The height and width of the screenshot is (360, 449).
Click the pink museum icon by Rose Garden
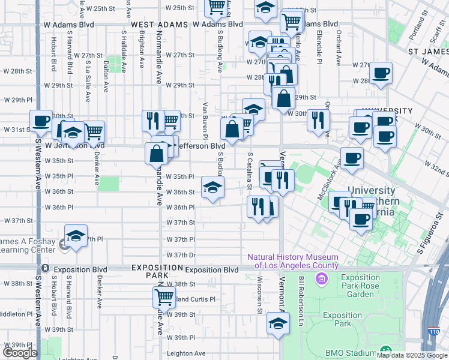click(322, 278)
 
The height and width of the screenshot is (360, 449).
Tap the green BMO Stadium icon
click(384, 352)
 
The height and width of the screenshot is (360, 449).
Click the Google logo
click(20, 353)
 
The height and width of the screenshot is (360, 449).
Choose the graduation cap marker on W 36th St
click(212, 188)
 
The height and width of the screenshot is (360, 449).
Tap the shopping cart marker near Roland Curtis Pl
click(164, 296)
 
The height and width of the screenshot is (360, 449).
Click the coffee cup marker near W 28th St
click(381, 74)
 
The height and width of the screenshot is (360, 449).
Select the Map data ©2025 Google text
click(412, 355)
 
